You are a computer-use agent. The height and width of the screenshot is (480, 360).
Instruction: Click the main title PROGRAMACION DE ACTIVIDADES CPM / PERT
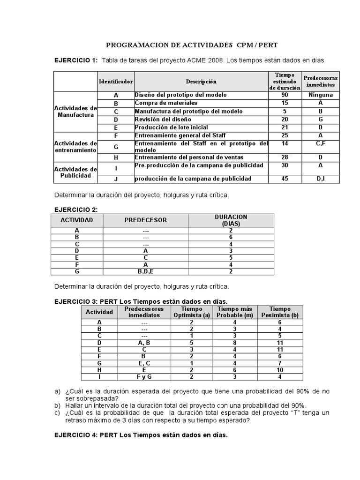192,45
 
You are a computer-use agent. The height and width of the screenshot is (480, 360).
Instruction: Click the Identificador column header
116,82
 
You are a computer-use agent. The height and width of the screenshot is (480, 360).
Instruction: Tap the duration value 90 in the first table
285,95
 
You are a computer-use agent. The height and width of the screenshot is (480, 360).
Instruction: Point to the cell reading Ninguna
321,95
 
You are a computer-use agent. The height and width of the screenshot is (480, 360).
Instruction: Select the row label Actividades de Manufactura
75,112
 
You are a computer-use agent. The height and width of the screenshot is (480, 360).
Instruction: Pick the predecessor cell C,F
321,143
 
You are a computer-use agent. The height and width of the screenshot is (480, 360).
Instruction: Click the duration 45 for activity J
285,179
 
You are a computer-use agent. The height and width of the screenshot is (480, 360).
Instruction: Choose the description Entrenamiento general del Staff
177,135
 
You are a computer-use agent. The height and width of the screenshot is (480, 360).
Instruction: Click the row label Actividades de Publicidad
75,172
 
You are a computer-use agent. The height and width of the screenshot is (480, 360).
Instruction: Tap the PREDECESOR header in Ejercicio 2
145,220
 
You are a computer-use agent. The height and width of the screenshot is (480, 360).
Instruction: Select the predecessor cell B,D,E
145,271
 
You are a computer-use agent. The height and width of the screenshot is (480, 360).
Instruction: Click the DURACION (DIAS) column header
231,220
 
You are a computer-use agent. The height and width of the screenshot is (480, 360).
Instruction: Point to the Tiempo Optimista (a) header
191,312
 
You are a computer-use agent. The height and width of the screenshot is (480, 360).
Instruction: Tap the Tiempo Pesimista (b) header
280,312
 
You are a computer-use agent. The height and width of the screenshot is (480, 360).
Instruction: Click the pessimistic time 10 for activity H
280,370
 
